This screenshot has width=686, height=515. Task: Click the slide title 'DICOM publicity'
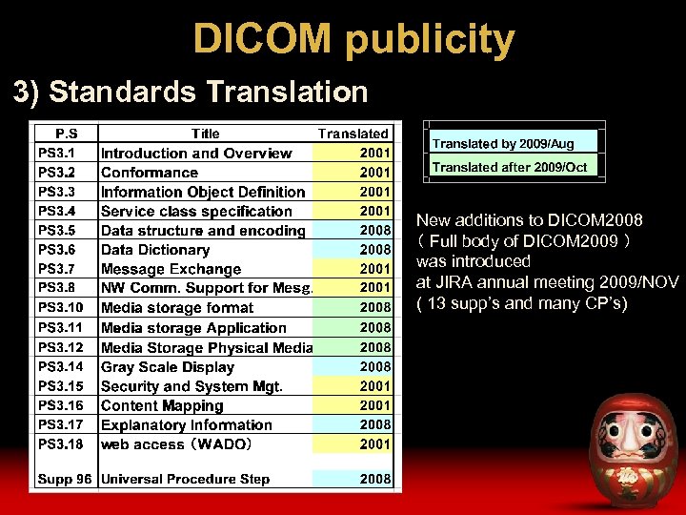(x=353, y=39)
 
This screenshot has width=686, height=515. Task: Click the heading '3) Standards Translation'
(x=190, y=92)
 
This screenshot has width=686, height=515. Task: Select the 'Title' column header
(x=205, y=134)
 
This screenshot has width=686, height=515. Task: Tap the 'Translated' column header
(x=353, y=134)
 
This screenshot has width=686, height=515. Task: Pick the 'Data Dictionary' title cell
(x=156, y=250)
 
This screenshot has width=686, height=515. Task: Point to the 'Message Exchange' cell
(x=171, y=269)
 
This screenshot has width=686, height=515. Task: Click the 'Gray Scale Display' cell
(x=167, y=366)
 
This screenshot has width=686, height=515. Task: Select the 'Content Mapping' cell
(x=161, y=405)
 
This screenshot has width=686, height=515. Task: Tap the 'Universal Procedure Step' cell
(x=185, y=479)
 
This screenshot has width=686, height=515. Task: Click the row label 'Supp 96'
(x=65, y=479)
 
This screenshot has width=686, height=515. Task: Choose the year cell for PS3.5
(x=374, y=230)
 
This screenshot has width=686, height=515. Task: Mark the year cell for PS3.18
(x=374, y=443)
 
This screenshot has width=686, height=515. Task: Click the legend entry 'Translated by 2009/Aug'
(x=503, y=143)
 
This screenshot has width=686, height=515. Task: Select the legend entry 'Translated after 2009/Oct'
(x=510, y=167)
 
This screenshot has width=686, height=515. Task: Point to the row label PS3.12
(x=59, y=347)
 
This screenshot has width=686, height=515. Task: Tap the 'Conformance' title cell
(x=150, y=173)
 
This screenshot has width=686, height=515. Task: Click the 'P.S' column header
(x=66, y=134)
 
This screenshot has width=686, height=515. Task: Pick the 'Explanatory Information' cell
(x=186, y=424)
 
